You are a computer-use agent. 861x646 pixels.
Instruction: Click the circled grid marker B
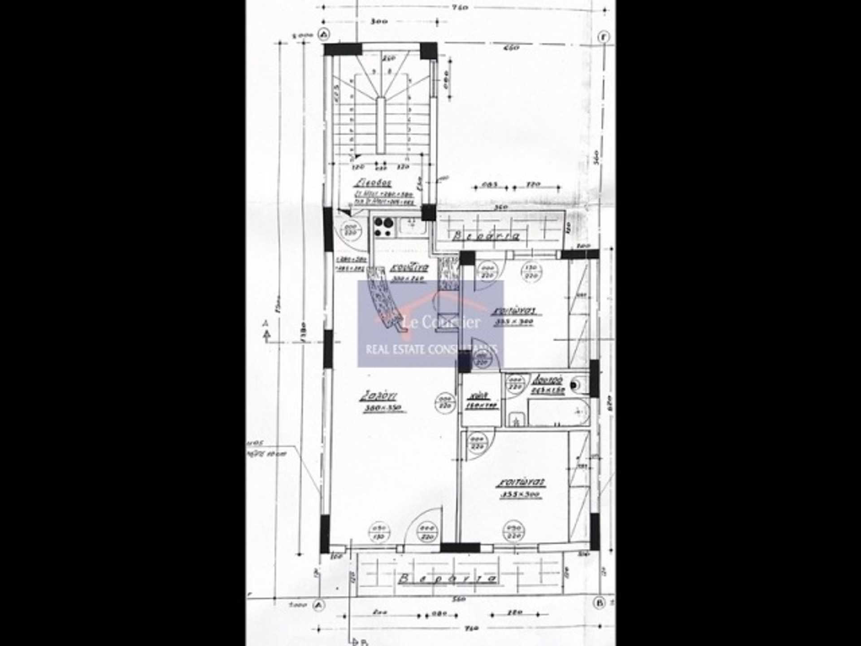click(600, 602)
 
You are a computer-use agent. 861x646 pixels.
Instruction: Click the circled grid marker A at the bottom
click(319, 605)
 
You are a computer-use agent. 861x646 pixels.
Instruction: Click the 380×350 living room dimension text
click(383, 408)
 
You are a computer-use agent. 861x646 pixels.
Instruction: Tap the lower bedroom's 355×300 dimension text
click(520, 495)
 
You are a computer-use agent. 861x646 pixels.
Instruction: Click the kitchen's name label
click(409, 268)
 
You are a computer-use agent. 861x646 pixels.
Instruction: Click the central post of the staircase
click(381, 126)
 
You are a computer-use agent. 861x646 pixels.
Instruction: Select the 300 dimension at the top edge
click(379, 21)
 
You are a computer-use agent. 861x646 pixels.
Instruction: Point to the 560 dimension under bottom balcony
click(458, 599)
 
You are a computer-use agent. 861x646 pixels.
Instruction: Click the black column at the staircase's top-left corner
click(343, 49)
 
